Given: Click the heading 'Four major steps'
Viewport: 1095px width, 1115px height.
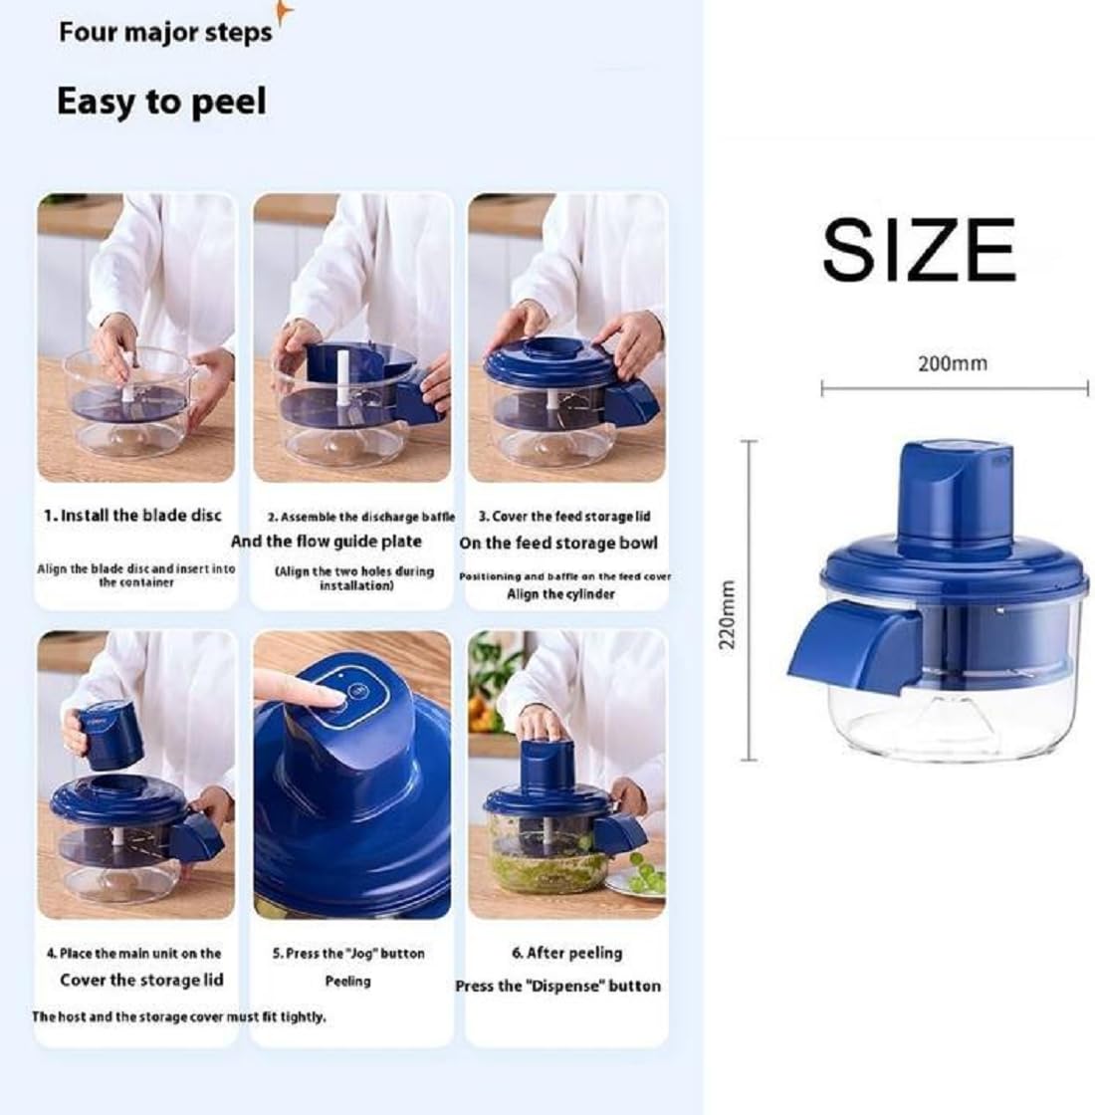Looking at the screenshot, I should coord(164,32).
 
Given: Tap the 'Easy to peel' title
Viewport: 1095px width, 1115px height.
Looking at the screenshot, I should coord(161,102).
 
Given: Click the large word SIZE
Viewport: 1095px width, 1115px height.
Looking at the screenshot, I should coord(918,250).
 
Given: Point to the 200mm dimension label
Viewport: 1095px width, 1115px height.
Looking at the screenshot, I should coord(952,363).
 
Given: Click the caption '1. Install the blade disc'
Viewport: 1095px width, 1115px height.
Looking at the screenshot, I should coord(132,516).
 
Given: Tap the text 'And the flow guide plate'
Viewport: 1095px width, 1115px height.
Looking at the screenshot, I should coord(327,542).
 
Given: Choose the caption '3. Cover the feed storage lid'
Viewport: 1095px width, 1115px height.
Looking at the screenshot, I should coord(564,517).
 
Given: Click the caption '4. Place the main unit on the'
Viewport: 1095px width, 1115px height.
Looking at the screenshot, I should coord(134,954).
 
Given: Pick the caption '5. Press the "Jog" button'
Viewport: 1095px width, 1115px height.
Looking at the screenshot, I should coord(348,954).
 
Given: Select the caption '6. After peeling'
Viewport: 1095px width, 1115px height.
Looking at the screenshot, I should coord(566,953).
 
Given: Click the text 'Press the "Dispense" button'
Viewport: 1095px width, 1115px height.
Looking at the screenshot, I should coord(558,986).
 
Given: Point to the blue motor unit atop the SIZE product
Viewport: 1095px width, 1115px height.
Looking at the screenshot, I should coord(954,495).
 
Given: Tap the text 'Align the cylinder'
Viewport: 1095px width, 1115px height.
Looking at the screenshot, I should coord(561,594).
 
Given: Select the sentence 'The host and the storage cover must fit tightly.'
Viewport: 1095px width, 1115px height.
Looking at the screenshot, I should coord(179,1016).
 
